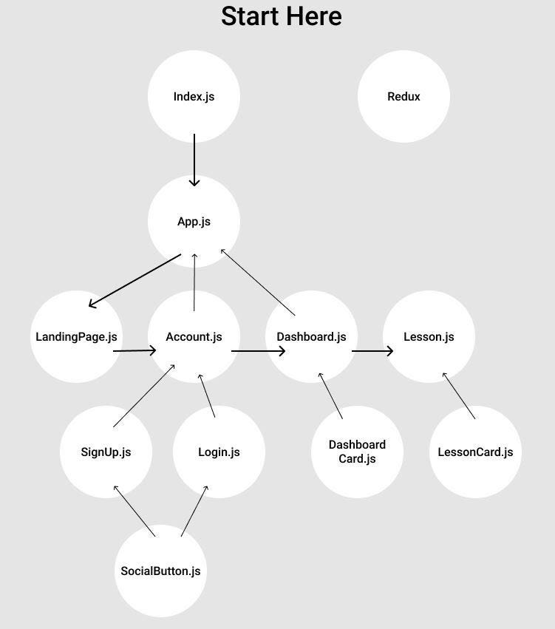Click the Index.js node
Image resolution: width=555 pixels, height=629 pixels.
(x=194, y=96)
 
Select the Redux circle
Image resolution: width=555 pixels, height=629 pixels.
(x=404, y=96)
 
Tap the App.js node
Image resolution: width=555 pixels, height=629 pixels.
(x=194, y=221)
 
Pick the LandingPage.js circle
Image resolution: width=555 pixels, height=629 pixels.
(x=76, y=336)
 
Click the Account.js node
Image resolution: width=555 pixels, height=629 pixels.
(x=194, y=336)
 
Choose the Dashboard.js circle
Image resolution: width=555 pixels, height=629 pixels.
(x=311, y=336)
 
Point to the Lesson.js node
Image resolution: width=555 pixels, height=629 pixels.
(x=429, y=336)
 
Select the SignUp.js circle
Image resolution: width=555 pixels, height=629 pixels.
(x=106, y=452)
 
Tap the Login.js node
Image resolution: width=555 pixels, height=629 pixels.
(x=219, y=452)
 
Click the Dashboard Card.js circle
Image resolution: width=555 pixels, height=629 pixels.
(x=357, y=452)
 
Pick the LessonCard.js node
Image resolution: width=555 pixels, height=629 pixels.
(x=475, y=452)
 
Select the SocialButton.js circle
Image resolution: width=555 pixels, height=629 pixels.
(x=160, y=571)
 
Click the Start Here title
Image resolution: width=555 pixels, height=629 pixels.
(x=281, y=16)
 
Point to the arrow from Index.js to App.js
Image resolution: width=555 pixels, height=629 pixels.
(x=194, y=160)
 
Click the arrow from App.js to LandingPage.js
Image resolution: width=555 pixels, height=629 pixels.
(x=135, y=280)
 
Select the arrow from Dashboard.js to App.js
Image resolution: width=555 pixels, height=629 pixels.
(x=258, y=282)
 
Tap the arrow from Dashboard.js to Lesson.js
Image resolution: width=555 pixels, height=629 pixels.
(x=372, y=351)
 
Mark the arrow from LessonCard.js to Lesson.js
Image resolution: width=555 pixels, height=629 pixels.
(x=459, y=396)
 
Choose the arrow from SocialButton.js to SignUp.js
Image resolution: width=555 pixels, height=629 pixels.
(x=134, y=511)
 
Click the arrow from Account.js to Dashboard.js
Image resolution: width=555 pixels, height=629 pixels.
(x=258, y=351)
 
